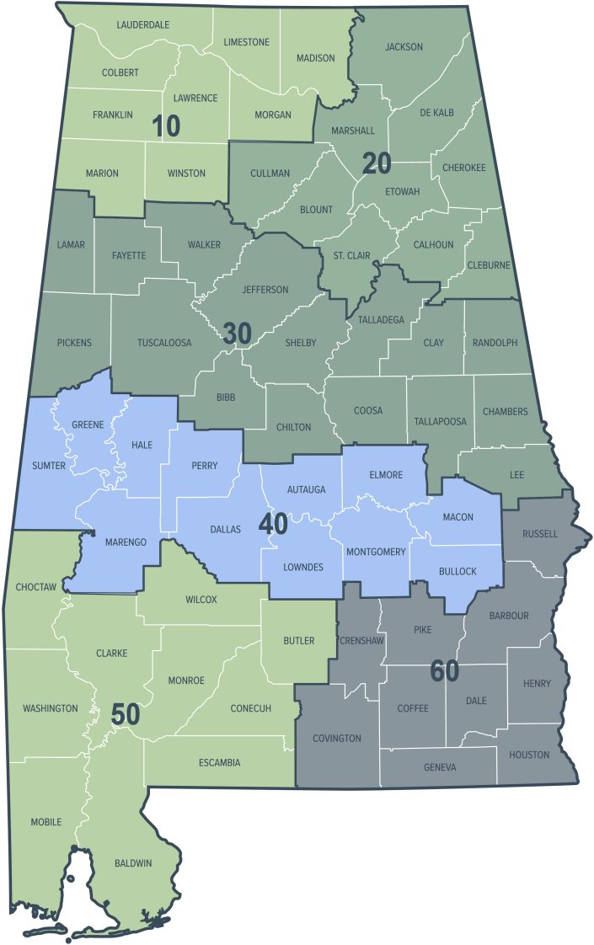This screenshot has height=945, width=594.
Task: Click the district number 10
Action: (x=166, y=126)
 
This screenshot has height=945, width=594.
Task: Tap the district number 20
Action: (x=377, y=163)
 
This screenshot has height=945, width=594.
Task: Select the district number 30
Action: (x=238, y=334)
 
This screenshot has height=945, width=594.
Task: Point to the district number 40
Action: (x=273, y=524)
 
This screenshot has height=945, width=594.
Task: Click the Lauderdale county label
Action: (x=142, y=25)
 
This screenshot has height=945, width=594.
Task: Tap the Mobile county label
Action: (x=45, y=821)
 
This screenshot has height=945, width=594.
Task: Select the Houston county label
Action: (x=529, y=755)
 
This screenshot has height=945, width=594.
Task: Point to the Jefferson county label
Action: (x=265, y=290)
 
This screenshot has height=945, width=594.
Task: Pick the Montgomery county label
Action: (x=376, y=552)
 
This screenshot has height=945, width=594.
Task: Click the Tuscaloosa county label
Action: (x=164, y=343)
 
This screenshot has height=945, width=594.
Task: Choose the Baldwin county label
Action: (x=133, y=863)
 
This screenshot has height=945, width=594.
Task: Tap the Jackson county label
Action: (x=404, y=46)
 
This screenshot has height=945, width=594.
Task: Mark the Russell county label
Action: (x=539, y=534)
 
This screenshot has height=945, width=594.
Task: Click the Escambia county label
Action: (x=219, y=763)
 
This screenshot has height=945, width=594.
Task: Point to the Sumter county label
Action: (x=49, y=466)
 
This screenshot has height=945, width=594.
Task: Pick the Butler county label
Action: (x=298, y=641)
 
